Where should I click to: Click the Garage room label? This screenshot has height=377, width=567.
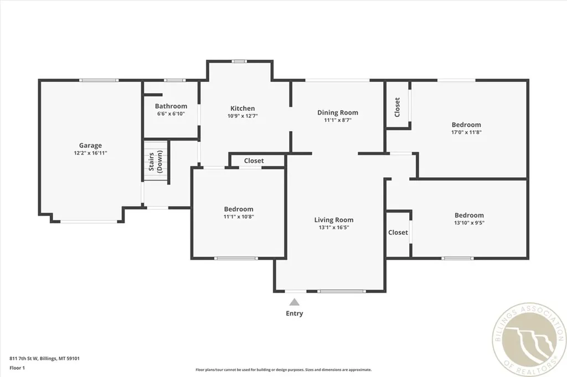pyautogui.click(x=90, y=146)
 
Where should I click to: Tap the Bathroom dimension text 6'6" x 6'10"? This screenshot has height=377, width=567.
pyautogui.click(x=171, y=113)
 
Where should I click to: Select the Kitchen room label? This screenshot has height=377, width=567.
pyautogui.click(x=243, y=109)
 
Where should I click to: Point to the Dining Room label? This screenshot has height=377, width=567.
pyautogui.click(x=337, y=112)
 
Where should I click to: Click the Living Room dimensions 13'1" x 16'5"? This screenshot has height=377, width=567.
pyautogui.click(x=334, y=227)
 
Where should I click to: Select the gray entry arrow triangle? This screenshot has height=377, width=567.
pyautogui.click(x=295, y=302)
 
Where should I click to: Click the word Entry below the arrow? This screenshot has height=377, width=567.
pyautogui.click(x=295, y=313)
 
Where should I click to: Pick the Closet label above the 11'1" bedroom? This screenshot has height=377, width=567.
pyautogui.click(x=254, y=161)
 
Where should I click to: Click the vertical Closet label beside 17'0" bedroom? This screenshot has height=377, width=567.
pyautogui.click(x=397, y=107)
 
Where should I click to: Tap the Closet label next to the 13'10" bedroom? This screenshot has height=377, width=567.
pyautogui.click(x=398, y=233)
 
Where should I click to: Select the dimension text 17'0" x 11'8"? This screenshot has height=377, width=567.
pyautogui.click(x=466, y=132)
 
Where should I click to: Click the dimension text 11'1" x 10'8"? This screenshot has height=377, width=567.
pyautogui.click(x=238, y=216)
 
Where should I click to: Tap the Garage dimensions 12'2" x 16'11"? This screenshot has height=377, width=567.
pyautogui.click(x=90, y=153)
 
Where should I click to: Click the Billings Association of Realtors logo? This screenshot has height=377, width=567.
pyautogui.click(x=528, y=339)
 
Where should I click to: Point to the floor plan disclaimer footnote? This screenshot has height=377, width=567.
pyautogui.click(x=283, y=370)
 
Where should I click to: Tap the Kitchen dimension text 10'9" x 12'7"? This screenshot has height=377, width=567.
pyautogui.click(x=243, y=116)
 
